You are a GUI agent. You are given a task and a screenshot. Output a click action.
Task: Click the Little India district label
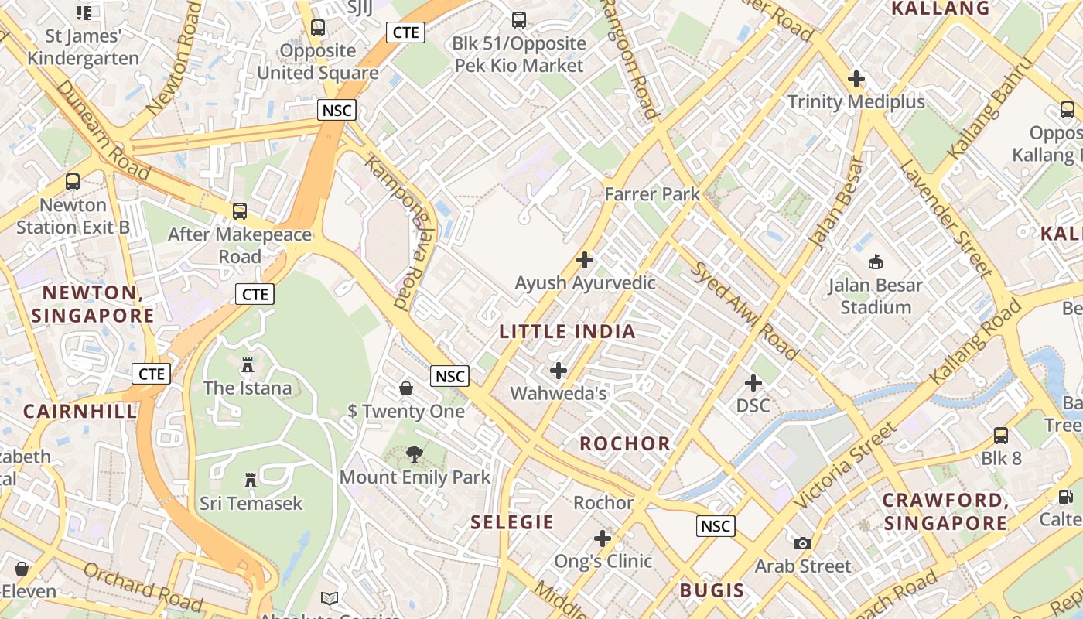(567, 332)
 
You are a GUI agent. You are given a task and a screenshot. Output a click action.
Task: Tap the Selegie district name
(512, 522)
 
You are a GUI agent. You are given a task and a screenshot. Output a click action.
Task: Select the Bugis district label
(712, 590)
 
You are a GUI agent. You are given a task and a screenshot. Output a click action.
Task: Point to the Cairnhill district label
(80, 411)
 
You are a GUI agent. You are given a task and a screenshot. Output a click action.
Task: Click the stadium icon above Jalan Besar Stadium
(876, 262)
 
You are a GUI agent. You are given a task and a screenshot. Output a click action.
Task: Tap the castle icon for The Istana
(248, 364)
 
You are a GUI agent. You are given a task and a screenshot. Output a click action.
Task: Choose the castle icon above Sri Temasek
(250, 480)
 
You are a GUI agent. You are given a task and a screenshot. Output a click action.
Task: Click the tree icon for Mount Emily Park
(415, 454)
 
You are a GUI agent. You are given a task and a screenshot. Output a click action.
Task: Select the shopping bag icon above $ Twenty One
(406, 388)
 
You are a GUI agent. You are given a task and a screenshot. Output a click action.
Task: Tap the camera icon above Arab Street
(803, 543)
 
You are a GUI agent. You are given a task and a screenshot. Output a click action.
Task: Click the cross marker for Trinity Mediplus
(856, 79)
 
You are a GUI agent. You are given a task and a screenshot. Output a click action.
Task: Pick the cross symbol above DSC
(753, 383)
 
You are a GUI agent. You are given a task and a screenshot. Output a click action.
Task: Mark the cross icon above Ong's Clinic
(603, 539)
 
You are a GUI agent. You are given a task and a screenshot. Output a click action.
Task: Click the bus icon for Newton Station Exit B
(73, 182)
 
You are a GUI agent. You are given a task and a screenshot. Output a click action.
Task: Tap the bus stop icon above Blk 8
(1001, 436)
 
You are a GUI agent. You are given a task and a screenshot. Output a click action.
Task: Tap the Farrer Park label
(652, 194)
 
